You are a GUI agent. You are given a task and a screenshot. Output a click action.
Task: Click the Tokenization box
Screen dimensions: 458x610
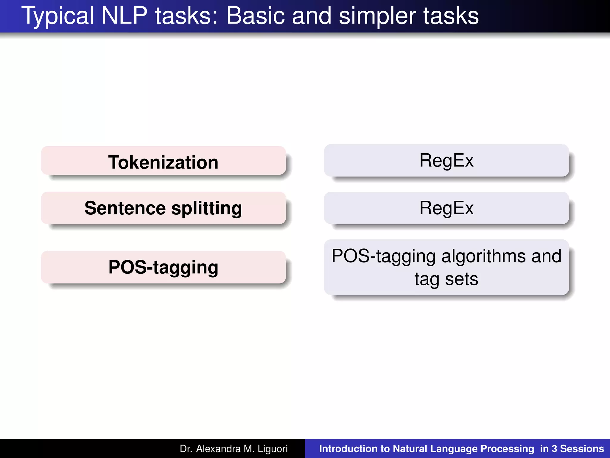tap(163, 161)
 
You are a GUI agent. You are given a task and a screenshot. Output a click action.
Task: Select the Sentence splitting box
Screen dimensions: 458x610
tap(163, 208)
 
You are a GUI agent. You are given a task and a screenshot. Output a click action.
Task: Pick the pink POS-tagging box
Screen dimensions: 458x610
tap(163, 267)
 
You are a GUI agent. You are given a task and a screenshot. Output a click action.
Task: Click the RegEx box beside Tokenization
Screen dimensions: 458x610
tap(446, 160)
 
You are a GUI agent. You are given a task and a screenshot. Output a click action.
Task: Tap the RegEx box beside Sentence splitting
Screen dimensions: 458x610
tap(446, 208)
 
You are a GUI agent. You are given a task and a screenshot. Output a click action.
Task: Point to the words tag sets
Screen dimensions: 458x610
tap(446, 279)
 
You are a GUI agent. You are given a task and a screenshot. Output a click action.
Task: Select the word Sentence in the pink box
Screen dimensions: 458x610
tap(125, 208)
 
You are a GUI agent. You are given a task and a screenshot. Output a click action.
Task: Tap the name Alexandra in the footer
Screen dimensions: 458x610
tap(218, 449)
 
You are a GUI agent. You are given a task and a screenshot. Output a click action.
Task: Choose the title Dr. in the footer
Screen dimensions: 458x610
tap(186, 449)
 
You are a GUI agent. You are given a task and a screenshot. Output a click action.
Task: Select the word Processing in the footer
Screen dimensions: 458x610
tap(507, 449)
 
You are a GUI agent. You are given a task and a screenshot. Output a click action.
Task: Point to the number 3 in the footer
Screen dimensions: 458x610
tap(554, 449)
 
